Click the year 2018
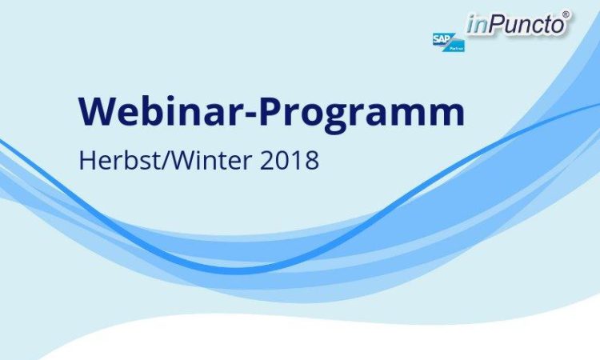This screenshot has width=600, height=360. tap(290, 160)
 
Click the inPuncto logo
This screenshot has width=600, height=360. tap(518, 24)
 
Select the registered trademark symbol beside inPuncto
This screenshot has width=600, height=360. tap(566, 14)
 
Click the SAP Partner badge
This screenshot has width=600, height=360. tap(449, 42)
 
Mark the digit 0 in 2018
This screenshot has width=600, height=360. tap(282, 161)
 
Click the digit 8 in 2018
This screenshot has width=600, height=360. tap(312, 161)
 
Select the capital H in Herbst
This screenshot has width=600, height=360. tap(86, 160)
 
